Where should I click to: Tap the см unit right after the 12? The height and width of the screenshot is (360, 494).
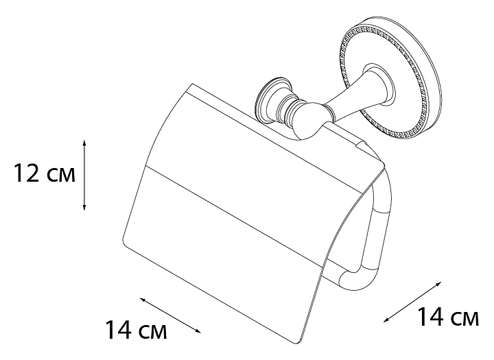point(62,177)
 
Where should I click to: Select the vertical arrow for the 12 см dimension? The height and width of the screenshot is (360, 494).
point(84,174)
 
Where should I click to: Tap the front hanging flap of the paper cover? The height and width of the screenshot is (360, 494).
point(226,233)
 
